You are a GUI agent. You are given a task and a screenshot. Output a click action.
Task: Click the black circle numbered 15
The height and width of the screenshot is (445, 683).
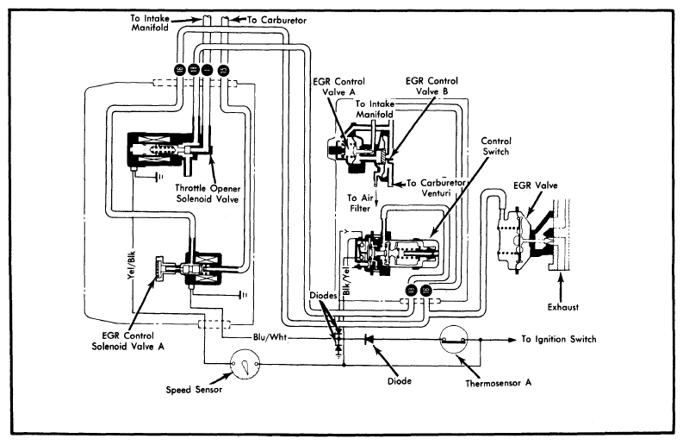[223, 69]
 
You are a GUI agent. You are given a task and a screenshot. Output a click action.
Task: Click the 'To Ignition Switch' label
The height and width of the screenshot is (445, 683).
[558, 340]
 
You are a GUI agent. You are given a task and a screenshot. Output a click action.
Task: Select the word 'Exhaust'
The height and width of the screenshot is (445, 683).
[563, 307]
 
